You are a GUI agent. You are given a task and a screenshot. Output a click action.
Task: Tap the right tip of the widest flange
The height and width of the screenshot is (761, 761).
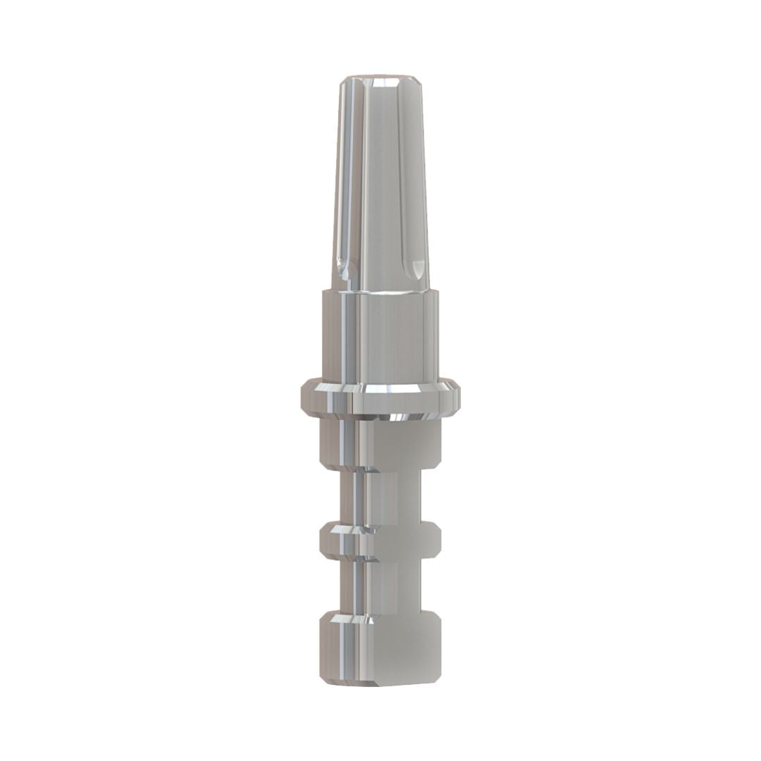coord(459,393)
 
